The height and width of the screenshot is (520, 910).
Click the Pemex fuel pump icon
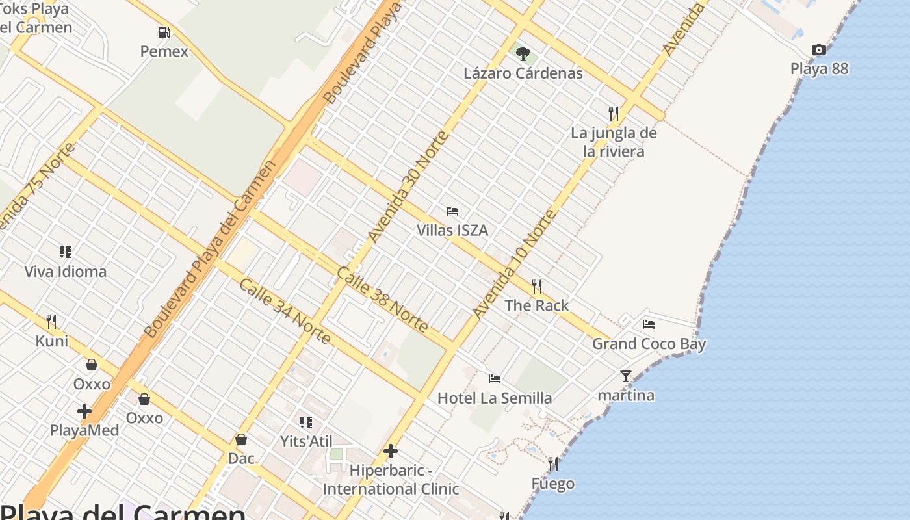164,32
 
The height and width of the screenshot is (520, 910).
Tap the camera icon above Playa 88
819,49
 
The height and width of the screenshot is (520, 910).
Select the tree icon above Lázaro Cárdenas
523,53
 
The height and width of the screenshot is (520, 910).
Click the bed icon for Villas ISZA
452,211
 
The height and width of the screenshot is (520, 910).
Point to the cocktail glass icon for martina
626,376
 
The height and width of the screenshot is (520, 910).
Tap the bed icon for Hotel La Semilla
495,378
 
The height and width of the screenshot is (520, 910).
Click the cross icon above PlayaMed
84,411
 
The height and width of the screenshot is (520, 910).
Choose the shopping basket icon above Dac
241,439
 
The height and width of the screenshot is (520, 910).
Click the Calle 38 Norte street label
382,300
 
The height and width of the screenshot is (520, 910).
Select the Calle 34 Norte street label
285,311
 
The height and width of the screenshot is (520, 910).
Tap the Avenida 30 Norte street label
408,187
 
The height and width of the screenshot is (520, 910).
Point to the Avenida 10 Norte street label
514,264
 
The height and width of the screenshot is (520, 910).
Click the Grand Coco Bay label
649,344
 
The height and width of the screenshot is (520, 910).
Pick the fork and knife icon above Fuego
553,464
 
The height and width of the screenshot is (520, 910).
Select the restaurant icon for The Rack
537,286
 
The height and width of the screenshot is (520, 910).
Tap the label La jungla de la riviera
614,142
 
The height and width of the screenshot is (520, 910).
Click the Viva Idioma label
65,271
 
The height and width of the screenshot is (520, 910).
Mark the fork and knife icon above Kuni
51,321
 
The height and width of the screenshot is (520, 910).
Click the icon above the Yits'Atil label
306,422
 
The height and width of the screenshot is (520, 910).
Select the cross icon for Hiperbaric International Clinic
391,450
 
